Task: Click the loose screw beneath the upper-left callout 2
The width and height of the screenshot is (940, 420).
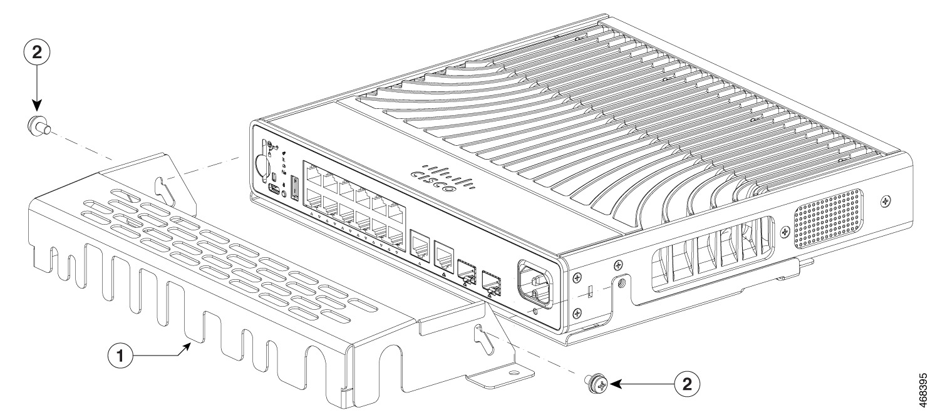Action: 39,127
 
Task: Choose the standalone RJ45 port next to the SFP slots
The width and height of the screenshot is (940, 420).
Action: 442,254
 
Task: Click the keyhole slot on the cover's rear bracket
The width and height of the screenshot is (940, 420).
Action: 164,187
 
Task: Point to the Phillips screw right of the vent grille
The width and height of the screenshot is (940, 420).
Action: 884,201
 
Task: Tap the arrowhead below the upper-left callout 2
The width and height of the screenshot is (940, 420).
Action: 37,108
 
